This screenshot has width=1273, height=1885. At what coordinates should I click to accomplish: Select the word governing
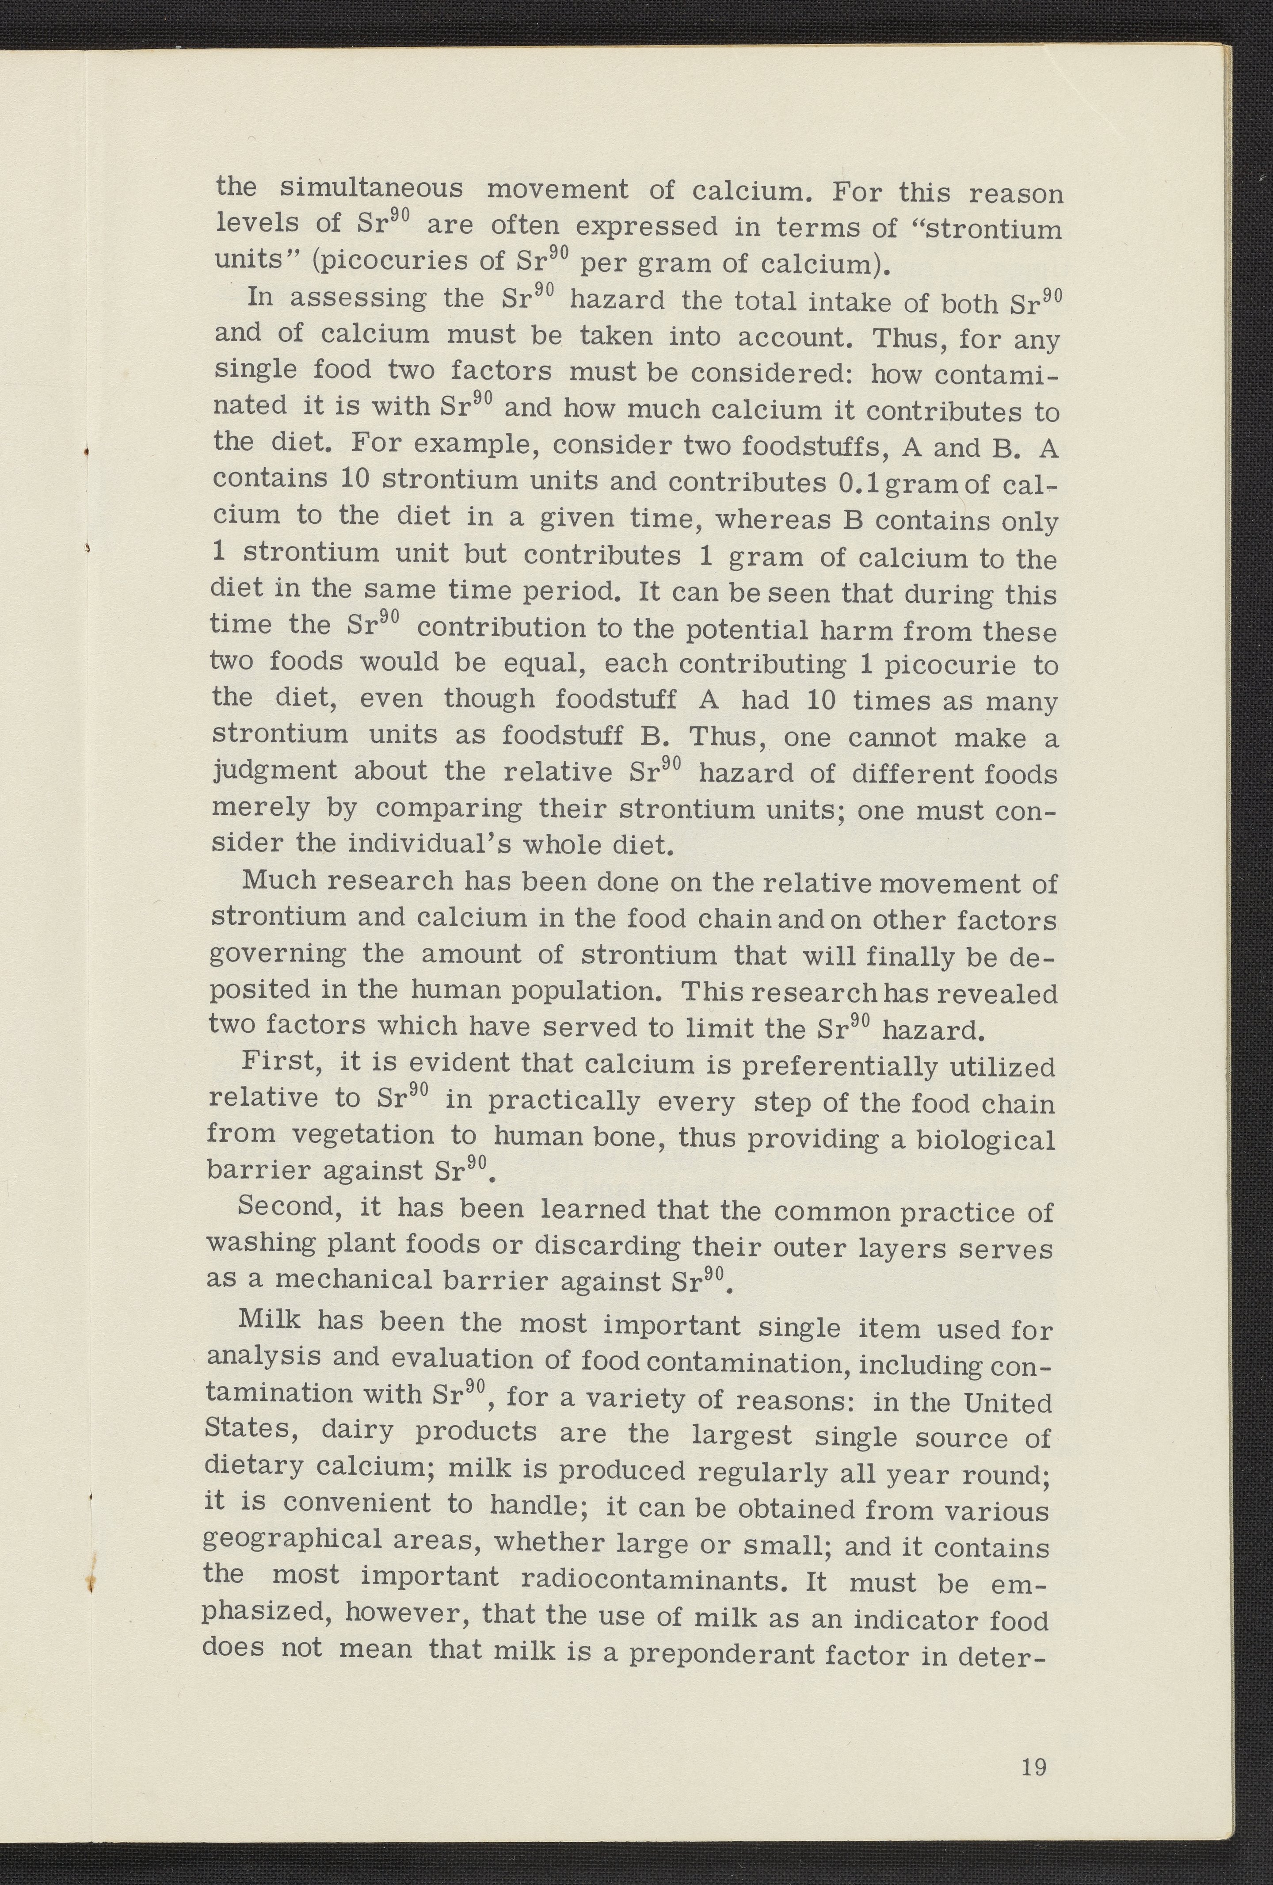point(277,953)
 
